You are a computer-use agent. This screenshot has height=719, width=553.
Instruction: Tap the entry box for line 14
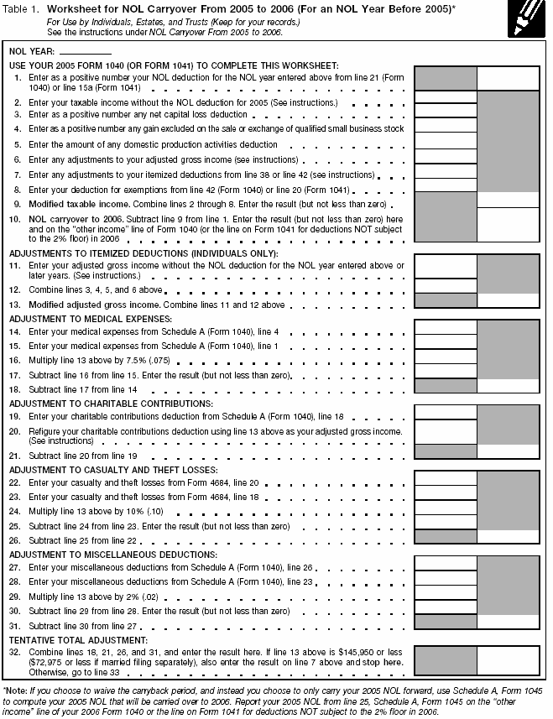coord(445,332)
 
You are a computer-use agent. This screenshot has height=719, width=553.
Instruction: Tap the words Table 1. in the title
coord(24,8)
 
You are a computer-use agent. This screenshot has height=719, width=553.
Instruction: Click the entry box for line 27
coord(445,568)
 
